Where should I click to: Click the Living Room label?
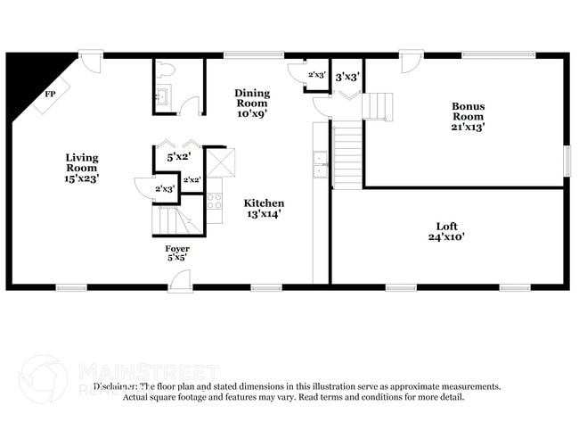coord(82,168)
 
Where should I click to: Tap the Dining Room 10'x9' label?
coord(252,103)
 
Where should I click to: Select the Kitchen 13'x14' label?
coord(265,208)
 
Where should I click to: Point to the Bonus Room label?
coord(468,116)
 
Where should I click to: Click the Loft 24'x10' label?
coord(446,231)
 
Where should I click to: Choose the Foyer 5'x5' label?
coord(176,252)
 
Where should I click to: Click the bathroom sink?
coord(163,97)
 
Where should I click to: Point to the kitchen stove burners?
coord(214,200)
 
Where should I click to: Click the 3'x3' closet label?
coord(347,77)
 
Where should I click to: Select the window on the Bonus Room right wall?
coord(567,160)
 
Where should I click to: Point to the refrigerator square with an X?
coord(220,162)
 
